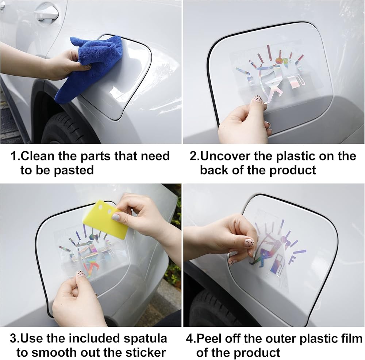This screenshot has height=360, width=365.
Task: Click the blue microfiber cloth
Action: (91, 68)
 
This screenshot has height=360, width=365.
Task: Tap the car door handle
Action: (46, 13)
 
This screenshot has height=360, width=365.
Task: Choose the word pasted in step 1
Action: (74, 170)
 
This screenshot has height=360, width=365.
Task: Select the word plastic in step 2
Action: (295, 156)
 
